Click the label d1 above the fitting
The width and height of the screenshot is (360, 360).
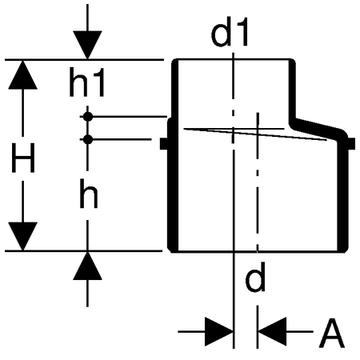[x=230, y=32]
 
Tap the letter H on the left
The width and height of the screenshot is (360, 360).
[x=23, y=158]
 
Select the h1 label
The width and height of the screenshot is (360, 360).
[x=86, y=82]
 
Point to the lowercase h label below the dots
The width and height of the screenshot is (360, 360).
[x=89, y=194]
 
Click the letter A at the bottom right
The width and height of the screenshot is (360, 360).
[x=331, y=333]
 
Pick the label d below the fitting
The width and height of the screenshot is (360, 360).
[x=255, y=277]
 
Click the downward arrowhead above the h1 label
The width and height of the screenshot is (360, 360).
[x=87, y=45]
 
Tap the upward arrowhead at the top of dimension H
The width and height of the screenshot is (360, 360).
[x=22, y=75]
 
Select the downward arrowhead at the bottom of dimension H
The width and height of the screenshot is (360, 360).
[x=22, y=236]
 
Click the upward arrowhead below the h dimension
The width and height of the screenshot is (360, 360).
[x=87, y=266]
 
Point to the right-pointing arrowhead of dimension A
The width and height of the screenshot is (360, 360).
[x=219, y=332]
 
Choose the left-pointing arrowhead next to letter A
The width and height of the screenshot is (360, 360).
[x=272, y=332]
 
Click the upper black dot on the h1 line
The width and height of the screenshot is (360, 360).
[x=88, y=117]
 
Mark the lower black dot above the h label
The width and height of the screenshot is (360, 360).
[x=88, y=139]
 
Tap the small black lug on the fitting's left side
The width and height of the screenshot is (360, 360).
[x=164, y=144]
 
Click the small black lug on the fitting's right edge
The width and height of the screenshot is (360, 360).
[x=352, y=144]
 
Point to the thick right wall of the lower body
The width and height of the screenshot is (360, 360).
[x=342, y=194]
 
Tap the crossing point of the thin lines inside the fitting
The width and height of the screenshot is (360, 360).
[x=258, y=132]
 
